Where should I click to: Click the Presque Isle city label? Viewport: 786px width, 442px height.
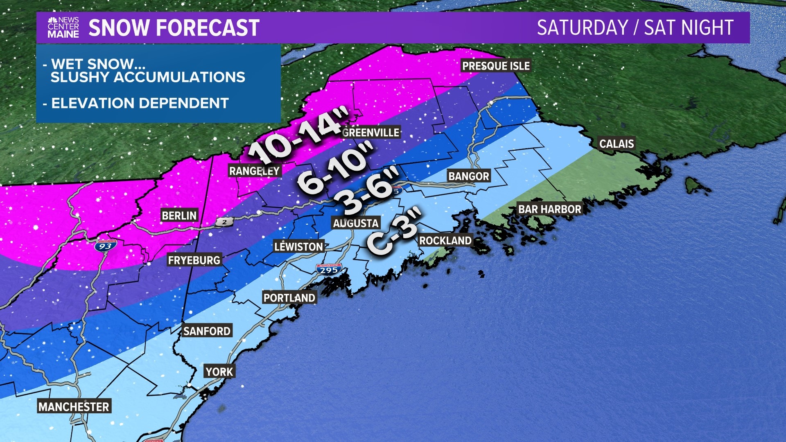click(496, 66)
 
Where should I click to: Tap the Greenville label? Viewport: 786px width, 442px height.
click(370, 133)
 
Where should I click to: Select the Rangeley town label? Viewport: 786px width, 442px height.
click(254, 171)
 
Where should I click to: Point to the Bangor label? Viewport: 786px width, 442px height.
click(469, 176)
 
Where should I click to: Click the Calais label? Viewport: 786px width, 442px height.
click(617, 144)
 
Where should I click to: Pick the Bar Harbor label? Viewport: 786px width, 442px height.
click(549, 209)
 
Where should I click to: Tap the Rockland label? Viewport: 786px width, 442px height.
click(445, 241)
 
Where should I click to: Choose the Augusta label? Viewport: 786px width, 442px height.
click(355, 223)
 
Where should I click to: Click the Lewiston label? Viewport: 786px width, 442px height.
click(298, 247)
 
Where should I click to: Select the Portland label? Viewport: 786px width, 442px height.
click(289, 298)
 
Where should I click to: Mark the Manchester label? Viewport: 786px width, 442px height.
click(74, 407)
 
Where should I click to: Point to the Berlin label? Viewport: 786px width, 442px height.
click(179, 216)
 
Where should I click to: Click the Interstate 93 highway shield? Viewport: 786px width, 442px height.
click(105, 246)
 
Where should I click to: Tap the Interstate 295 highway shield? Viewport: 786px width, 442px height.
click(329, 270)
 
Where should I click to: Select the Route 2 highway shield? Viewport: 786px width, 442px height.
click(225, 222)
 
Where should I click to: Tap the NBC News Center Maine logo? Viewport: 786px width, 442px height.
click(63, 28)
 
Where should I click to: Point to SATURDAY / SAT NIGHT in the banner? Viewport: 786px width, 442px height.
click(635, 28)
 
